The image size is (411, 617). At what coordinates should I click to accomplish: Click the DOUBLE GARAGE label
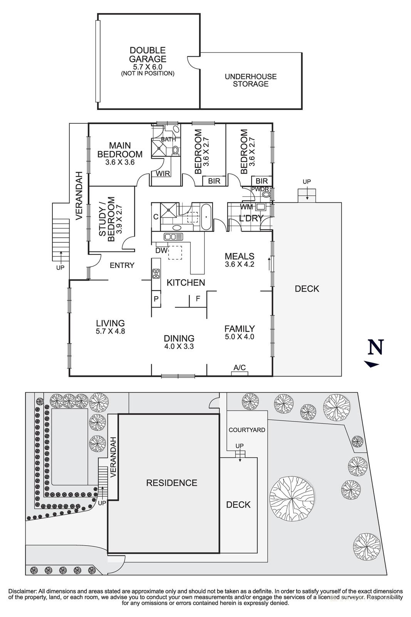148,55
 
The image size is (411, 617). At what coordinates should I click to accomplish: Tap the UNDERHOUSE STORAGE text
250,80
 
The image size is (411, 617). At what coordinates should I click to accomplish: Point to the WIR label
163,174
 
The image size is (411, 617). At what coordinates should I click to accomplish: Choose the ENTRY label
122,265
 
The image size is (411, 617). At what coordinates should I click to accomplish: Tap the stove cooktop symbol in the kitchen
156,274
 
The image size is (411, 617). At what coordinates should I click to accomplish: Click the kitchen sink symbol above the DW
173,236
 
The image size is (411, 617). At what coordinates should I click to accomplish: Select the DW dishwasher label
161,251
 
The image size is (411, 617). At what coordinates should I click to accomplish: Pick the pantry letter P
156,299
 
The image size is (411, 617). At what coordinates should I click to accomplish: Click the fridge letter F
198,298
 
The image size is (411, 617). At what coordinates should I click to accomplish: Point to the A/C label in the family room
240,368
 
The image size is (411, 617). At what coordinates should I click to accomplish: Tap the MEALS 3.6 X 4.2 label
240,260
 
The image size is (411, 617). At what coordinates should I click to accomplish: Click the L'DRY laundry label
251,218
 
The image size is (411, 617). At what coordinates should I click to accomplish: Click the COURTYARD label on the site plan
247,430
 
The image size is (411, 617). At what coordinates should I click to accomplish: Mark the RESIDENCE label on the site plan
171,483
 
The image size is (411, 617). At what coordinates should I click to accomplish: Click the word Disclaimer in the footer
22,591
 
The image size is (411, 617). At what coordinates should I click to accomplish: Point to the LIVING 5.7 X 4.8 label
111,327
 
